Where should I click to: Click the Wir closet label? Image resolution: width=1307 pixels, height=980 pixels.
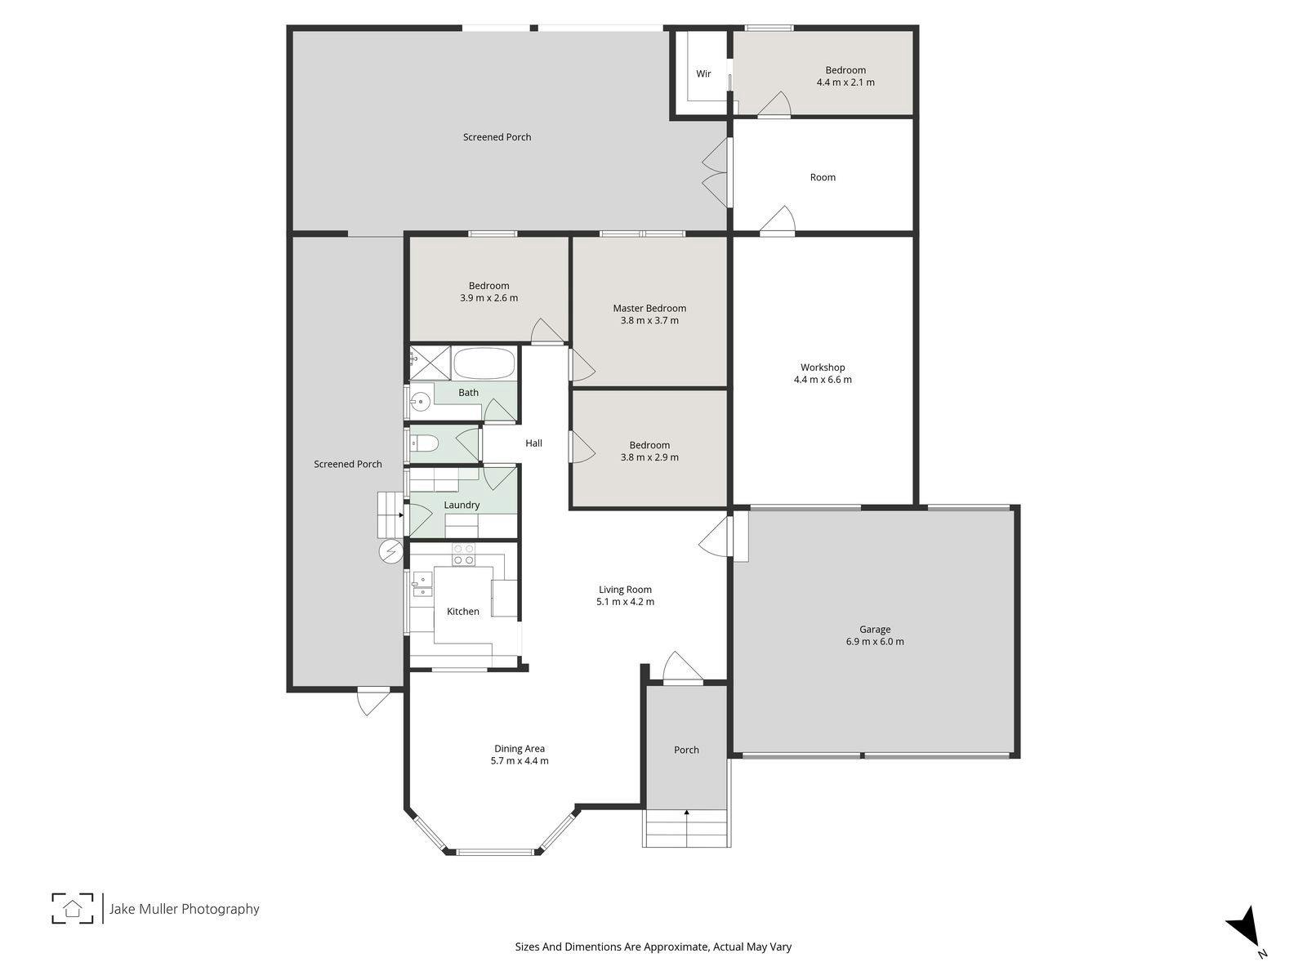[x=703, y=73]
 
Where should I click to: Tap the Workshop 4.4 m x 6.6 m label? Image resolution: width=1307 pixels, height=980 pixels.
[x=823, y=373]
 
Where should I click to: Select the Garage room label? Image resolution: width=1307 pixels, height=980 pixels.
[x=875, y=635]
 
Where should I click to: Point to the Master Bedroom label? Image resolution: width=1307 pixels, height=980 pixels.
[x=649, y=314]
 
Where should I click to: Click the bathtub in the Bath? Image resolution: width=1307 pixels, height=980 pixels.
[x=484, y=363]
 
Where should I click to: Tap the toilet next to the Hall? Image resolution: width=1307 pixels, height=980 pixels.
[x=424, y=443]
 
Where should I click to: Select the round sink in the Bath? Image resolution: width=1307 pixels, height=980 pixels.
[x=421, y=403]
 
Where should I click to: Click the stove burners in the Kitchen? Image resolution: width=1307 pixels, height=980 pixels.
[x=463, y=555]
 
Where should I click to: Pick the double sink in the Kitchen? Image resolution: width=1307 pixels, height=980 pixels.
[x=422, y=584]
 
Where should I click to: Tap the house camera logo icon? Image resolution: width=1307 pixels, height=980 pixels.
[x=73, y=909]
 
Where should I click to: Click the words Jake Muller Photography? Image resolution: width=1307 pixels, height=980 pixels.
[x=184, y=909]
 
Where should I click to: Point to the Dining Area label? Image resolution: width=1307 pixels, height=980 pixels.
[x=520, y=755]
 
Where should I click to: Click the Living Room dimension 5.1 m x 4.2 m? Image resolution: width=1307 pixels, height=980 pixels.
[x=625, y=602]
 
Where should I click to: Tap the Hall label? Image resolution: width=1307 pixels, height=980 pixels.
[x=533, y=443]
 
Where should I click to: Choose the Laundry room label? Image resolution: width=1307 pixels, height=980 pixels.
[x=462, y=505]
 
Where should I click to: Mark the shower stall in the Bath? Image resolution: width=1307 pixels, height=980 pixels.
[x=430, y=363]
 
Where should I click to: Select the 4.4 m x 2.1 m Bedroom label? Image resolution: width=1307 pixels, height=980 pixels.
[x=845, y=76]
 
